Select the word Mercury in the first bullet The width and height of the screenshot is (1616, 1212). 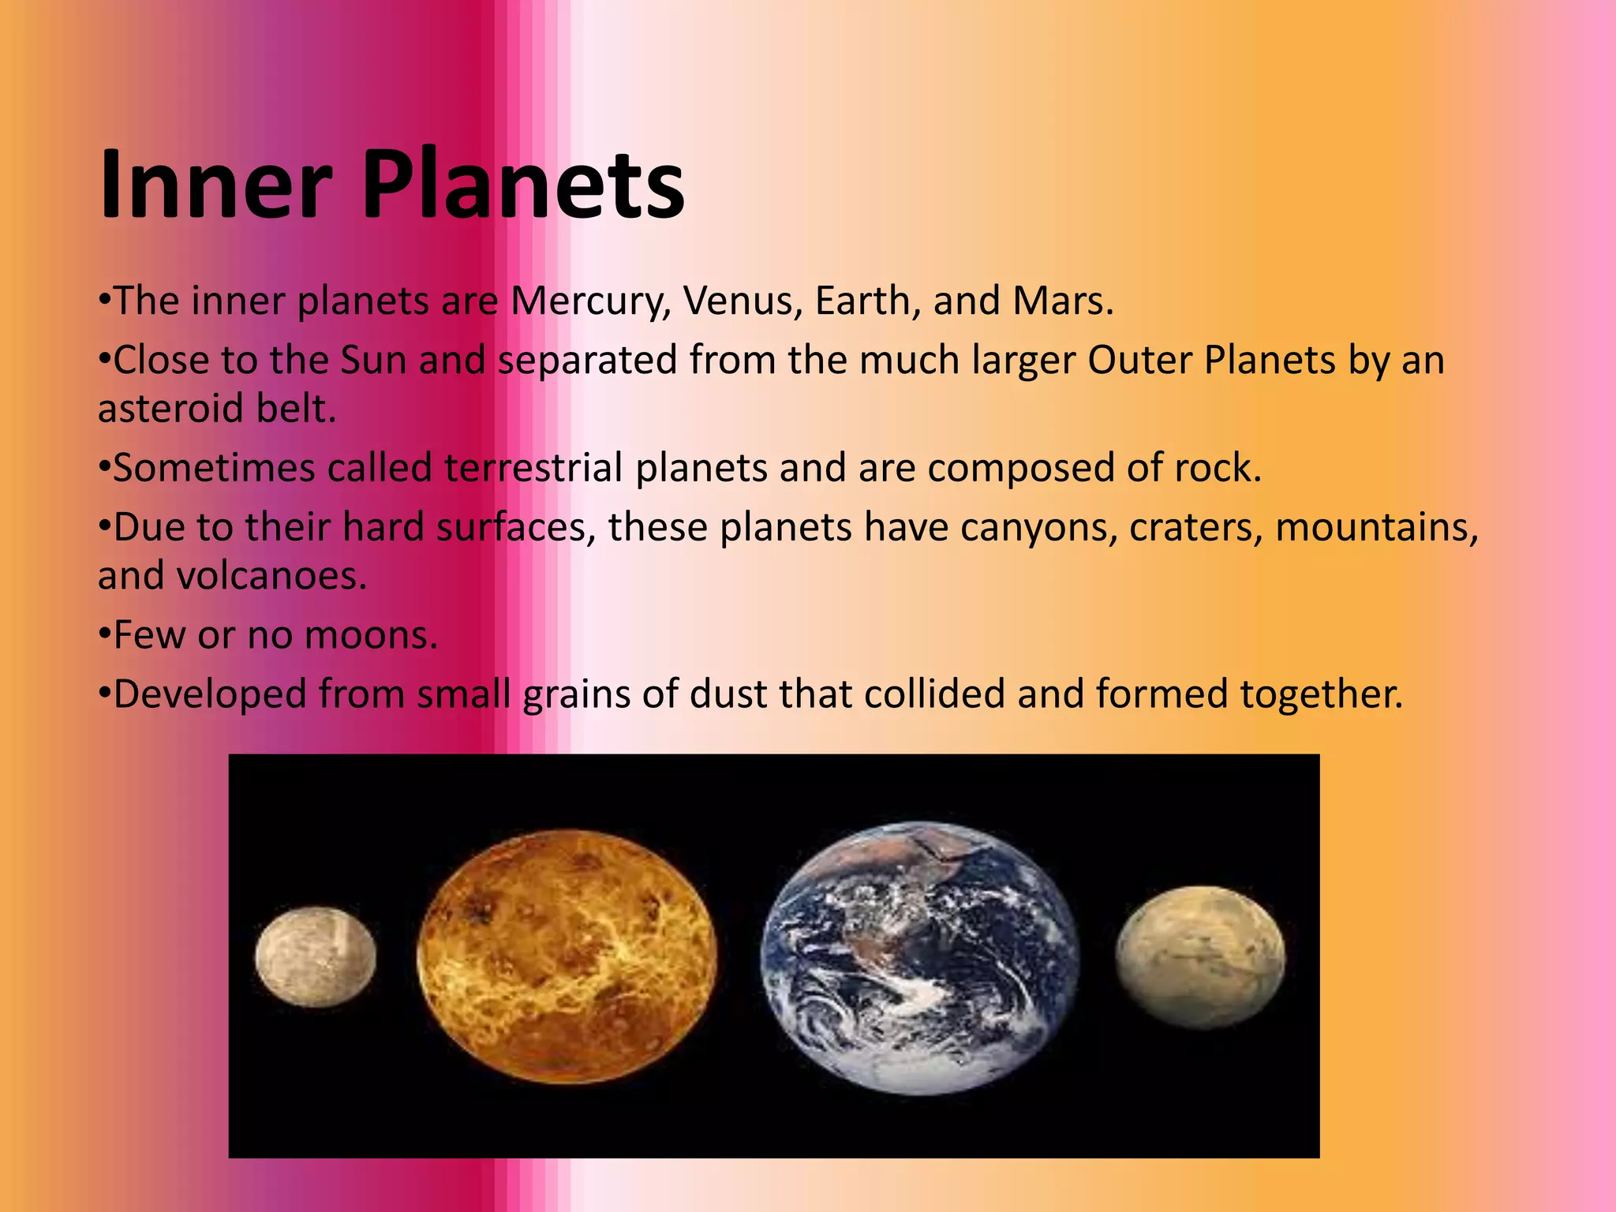(589, 301)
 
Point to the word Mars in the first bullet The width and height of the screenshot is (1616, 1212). (1062, 301)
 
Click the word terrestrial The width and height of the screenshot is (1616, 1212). (534, 468)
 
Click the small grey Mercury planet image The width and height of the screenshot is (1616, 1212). (316, 956)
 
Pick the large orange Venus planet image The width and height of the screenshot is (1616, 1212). (567, 956)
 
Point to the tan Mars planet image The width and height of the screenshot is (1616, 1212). (1200, 956)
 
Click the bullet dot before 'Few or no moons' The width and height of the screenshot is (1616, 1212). (103, 635)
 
